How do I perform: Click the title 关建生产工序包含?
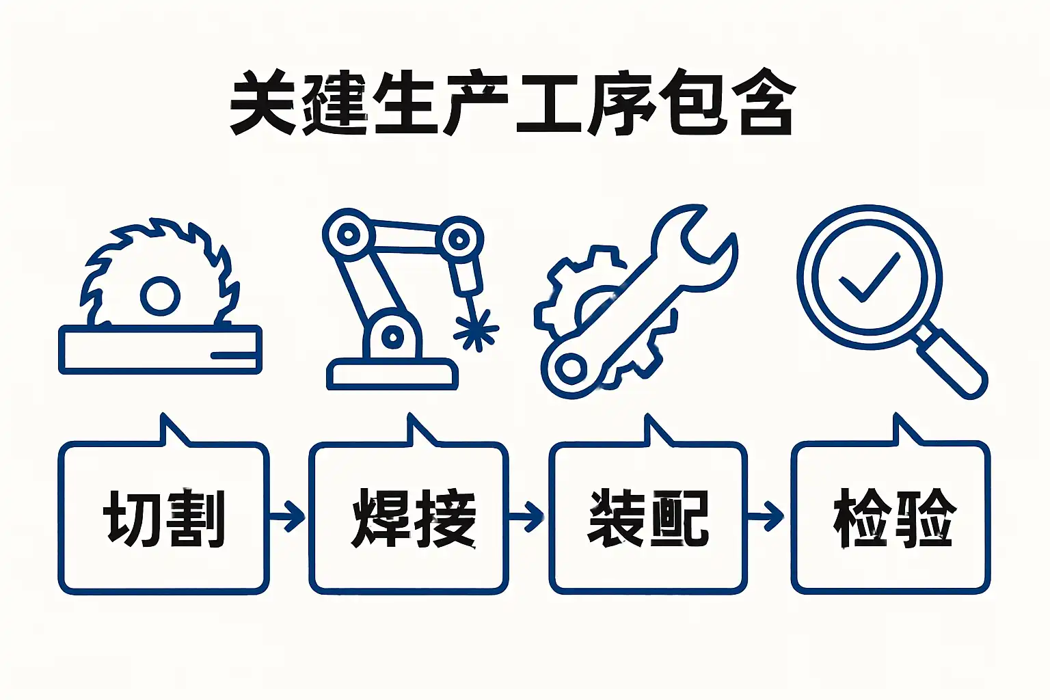tap(513, 103)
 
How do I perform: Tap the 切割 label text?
tap(164, 517)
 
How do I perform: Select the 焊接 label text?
tap(414, 517)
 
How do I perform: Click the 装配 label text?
tap(648, 517)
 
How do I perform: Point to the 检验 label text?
tap(893, 517)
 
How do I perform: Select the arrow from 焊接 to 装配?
tap(528, 516)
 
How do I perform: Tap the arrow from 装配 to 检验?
tap(767, 516)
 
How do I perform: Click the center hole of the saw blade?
tap(160, 296)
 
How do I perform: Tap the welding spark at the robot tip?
tap(476, 330)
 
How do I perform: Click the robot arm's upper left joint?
tap(349, 234)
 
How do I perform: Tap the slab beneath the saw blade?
tap(160, 350)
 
